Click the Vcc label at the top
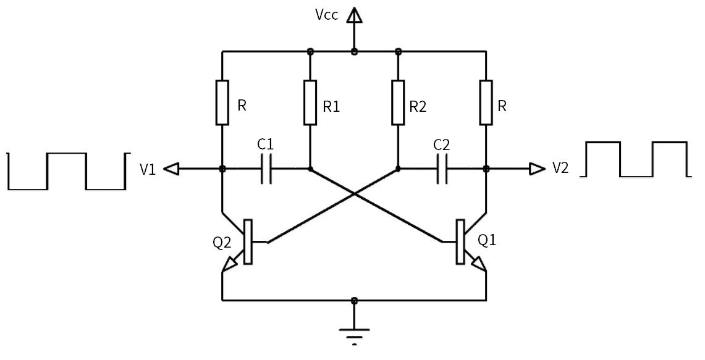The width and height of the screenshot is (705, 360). (326, 15)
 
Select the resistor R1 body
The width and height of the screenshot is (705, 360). (310, 102)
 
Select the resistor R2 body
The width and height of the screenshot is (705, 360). (397, 102)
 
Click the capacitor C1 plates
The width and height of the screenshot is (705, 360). (266, 169)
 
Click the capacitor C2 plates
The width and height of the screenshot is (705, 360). (441, 169)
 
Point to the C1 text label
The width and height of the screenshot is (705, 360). (266, 146)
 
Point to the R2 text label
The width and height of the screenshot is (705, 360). (418, 107)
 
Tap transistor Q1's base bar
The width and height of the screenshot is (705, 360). (460, 241)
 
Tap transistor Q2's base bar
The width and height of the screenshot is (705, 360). (248, 241)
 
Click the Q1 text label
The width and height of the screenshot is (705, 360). (488, 240)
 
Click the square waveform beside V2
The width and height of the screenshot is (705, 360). (636, 159)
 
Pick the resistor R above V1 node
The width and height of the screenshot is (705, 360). (222, 102)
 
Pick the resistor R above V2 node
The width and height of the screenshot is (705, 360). (486, 102)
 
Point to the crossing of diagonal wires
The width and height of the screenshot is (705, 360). (353, 195)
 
